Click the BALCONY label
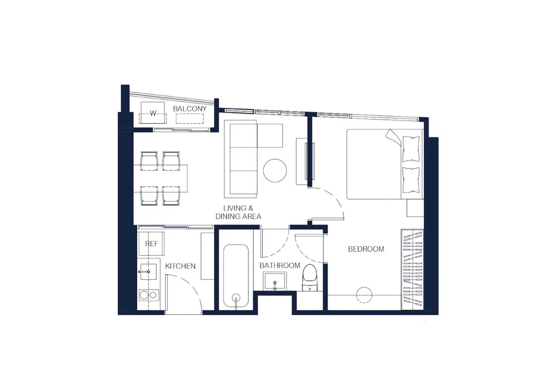(190, 109)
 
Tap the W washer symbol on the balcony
(153, 113)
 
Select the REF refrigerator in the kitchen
(151, 244)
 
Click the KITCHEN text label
(180, 266)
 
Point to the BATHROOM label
(280, 265)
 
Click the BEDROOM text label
(366, 249)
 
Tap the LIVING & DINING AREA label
(238, 212)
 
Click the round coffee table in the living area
(275, 170)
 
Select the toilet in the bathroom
(309, 278)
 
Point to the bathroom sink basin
(275, 281)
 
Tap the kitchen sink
(148, 272)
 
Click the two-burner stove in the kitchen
(149, 295)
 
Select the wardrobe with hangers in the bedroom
(412, 269)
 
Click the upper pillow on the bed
(411, 149)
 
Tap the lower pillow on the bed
(411, 180)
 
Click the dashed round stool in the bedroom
(364, 295)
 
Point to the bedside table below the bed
(415, 208)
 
